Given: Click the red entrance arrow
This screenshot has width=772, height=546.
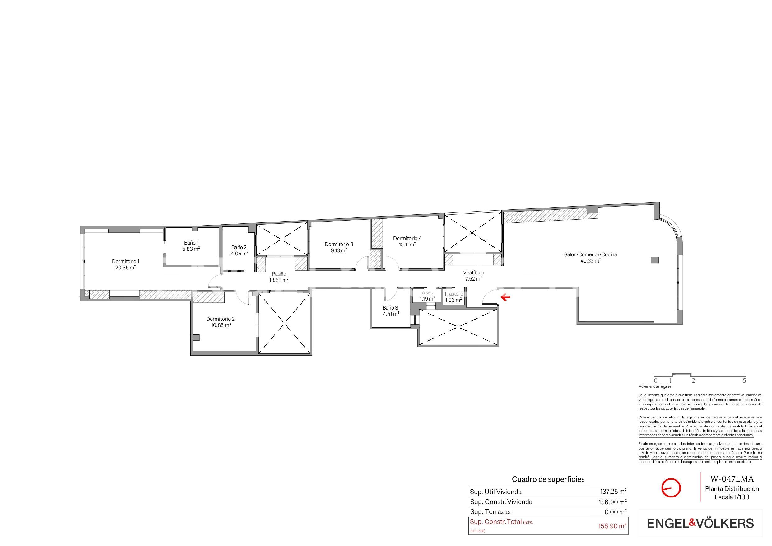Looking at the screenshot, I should (505, 297).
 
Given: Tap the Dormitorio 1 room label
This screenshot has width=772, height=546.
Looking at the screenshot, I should (125, 261).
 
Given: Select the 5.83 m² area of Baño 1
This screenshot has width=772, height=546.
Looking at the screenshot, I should (191, 249).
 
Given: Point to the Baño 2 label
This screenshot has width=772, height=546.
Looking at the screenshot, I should (239, 248).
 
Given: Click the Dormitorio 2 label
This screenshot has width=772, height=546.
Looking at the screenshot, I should (220, 319).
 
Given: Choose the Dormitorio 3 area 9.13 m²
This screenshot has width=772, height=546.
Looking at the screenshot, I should (339, 251).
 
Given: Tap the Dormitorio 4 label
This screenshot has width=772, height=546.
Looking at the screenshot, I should (407, 239).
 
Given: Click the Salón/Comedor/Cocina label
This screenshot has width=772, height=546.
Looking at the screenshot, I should (590, 255).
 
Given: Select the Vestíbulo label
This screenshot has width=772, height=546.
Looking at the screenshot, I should (473, 273).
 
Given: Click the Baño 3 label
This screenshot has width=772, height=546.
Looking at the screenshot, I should (390, 308).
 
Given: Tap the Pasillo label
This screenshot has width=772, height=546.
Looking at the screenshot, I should (279, 274).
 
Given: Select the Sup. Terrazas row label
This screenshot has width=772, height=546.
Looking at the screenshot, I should (490, 512).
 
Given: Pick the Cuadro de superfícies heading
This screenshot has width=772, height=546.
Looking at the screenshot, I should (548, 479).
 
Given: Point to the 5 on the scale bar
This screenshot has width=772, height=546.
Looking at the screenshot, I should (744, 381).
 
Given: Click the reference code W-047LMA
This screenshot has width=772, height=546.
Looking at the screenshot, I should (732, 479).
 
